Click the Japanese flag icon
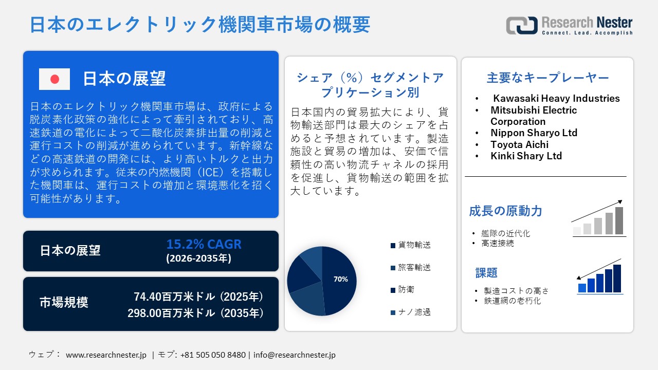(x=54, y=79)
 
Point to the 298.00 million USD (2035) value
(x=196, y=312)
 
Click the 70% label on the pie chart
(x=340, y=279)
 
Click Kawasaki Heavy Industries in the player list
(x=556, y=98)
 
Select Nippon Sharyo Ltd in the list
(x=534, y=133)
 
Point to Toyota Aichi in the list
(x=519, y=144)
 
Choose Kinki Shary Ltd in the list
(x=526, y=156)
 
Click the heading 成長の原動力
(x=505, y=211)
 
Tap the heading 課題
(x=486, y=273)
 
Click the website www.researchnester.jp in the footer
(x=106, y=355)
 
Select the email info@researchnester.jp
(x=295, y=355)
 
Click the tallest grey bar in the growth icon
(x=619, y=220)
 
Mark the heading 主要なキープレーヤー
(x=547, y=78)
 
